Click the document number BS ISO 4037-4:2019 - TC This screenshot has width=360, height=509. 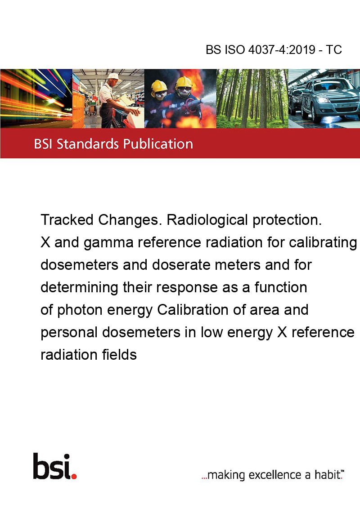tap(274, 50)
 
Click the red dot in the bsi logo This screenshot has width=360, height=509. tap(74, 475)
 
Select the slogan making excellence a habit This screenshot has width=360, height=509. tap(272, 474)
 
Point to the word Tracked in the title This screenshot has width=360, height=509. tap(67, 220)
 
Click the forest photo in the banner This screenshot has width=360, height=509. tap(252, 99)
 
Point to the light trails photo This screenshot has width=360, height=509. tap(36, 99)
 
